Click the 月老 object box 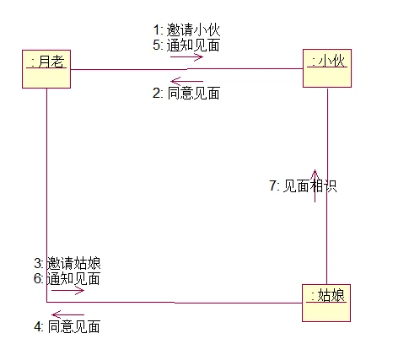coord(46,69)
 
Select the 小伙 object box coord(327,68)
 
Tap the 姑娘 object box coord(326,303)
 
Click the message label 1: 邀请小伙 coord(186,30)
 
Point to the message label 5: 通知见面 coord(186,45)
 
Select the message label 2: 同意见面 coord(186,93)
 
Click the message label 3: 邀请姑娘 coord(67,263)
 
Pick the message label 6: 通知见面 coord(67,278)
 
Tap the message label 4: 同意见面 coord(67,326)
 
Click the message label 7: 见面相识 coord(303,185)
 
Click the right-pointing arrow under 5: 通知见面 coord(186,57)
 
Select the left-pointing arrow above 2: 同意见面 coord(186,81)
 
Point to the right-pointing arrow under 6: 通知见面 coord(67,291)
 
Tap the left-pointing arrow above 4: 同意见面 coord(67,314)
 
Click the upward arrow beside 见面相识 coord(315,185)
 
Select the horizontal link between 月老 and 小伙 coord(186,69)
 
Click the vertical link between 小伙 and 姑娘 coord(327,186)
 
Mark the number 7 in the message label coord(272,185)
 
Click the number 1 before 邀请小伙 coord(156,30)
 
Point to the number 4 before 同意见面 coord(37,326)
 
